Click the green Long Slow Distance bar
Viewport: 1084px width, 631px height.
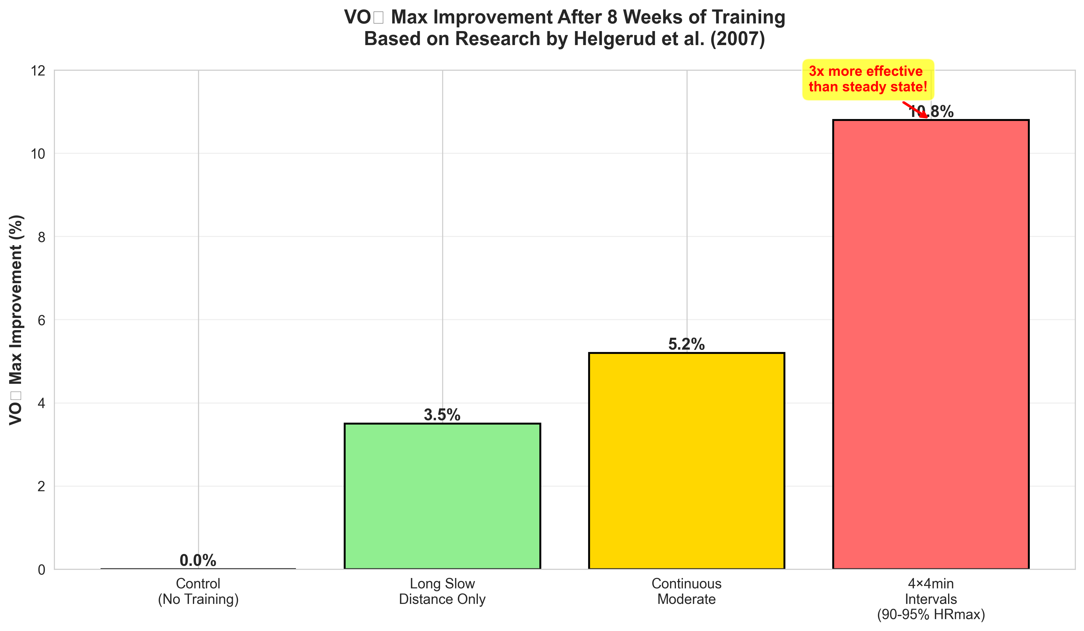(442, 496)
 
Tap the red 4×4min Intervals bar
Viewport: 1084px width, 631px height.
(931, 344)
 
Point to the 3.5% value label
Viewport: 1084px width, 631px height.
(442, 415)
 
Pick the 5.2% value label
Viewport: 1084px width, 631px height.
(687, 344)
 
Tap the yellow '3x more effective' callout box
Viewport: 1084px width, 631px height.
(868, 79)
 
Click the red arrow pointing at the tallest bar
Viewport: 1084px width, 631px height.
(915, 110)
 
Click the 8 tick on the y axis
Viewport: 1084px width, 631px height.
(41, 237)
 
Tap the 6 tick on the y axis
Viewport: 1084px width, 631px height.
(41, 320)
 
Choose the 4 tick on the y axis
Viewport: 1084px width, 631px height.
(41, 403)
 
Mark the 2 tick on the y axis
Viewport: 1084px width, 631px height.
(41, 487)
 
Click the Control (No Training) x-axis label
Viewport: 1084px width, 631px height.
(198, 591)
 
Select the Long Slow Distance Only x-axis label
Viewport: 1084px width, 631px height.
(442, 591)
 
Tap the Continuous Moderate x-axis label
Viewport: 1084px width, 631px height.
(687, 591)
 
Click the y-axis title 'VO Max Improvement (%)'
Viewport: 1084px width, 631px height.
(16, 320)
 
